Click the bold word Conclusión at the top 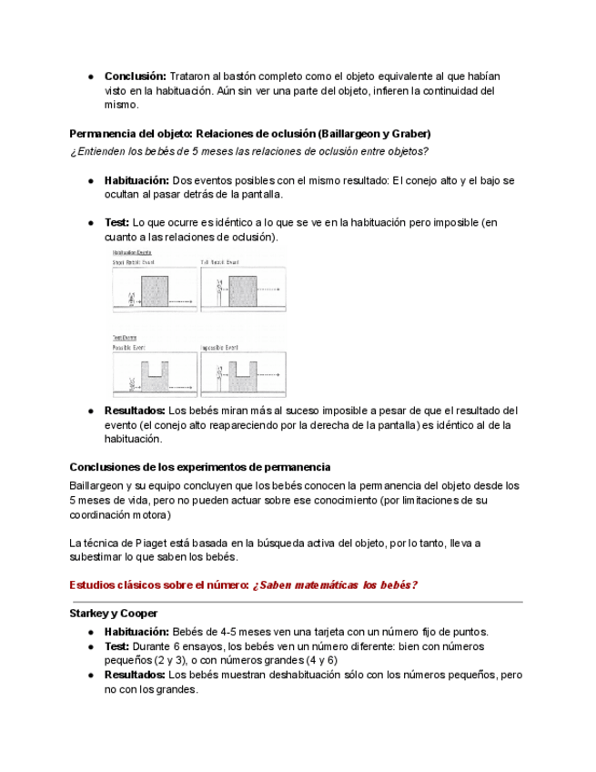point(135,76)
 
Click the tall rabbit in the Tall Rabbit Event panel point(218,293)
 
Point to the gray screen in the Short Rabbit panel point(156,291)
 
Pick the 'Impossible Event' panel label point(219,348)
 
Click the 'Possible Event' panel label point(129,348)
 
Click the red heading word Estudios point(96,584)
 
